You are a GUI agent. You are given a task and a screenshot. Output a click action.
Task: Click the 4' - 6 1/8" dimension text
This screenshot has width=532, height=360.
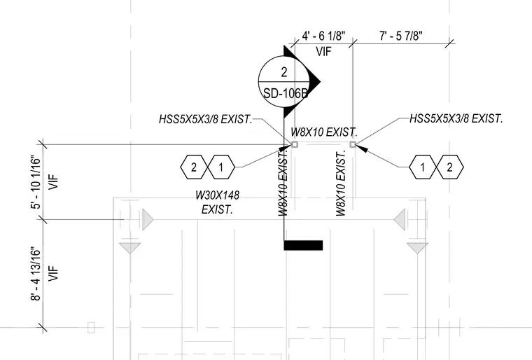323,36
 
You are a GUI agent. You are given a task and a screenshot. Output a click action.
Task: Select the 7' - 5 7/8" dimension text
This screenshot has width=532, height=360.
400,36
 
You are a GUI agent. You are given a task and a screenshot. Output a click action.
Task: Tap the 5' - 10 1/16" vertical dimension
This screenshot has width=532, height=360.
36,182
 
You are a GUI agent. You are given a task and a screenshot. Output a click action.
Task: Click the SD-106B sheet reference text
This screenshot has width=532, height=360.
286,93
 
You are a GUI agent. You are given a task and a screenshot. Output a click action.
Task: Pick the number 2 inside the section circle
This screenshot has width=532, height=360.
284,72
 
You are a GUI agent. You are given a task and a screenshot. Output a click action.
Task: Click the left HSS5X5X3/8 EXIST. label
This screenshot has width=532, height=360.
206,119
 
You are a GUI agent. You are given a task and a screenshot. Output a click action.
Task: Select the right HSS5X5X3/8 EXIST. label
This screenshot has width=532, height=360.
456,118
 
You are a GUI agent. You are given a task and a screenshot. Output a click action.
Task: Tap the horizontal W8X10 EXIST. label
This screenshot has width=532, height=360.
324,132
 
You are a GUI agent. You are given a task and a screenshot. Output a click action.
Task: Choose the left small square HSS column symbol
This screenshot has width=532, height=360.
295,145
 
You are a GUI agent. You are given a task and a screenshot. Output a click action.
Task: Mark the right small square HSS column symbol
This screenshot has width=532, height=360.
353,145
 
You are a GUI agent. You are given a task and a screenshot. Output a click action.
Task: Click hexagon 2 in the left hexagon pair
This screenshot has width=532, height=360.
194,167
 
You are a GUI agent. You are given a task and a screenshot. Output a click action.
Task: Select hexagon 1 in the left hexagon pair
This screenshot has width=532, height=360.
221,167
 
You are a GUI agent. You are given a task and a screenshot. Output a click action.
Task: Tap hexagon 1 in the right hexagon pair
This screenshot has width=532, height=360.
422,167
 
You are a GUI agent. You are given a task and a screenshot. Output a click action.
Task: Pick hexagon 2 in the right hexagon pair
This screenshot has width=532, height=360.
450,167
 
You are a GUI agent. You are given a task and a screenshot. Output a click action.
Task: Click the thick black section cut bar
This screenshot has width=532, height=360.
303,245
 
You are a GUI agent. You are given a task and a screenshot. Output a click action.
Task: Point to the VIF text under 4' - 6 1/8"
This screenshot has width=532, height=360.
323,52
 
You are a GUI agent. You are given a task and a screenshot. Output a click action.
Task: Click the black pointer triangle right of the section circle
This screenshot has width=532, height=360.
314,81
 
